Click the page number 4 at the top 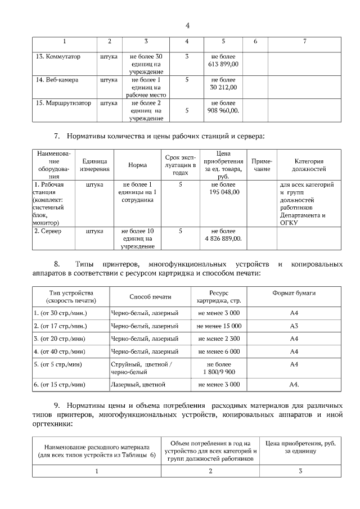187,25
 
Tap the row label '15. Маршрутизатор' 63,103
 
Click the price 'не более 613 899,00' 223,61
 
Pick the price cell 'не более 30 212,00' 223,84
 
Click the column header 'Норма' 138,165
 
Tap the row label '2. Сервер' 48,231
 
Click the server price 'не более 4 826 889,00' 223,235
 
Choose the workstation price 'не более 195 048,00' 223,188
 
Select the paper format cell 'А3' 294,326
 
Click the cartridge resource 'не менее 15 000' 219,326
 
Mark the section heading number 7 56,136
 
